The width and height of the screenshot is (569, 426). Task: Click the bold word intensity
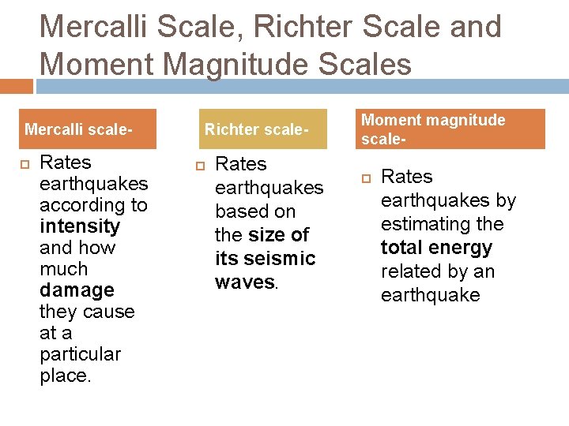coord(80,226)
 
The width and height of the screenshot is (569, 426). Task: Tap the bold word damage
coord(77,290)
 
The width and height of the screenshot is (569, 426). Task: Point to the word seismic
coord(281,259)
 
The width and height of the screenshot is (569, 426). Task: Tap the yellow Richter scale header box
coord(256,129)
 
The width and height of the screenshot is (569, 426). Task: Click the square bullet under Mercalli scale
coord(24,164)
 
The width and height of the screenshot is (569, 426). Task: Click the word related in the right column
coord(410,271)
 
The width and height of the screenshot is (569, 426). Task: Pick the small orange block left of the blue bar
coord(16,86)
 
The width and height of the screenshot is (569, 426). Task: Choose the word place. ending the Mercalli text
coord(66,376)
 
